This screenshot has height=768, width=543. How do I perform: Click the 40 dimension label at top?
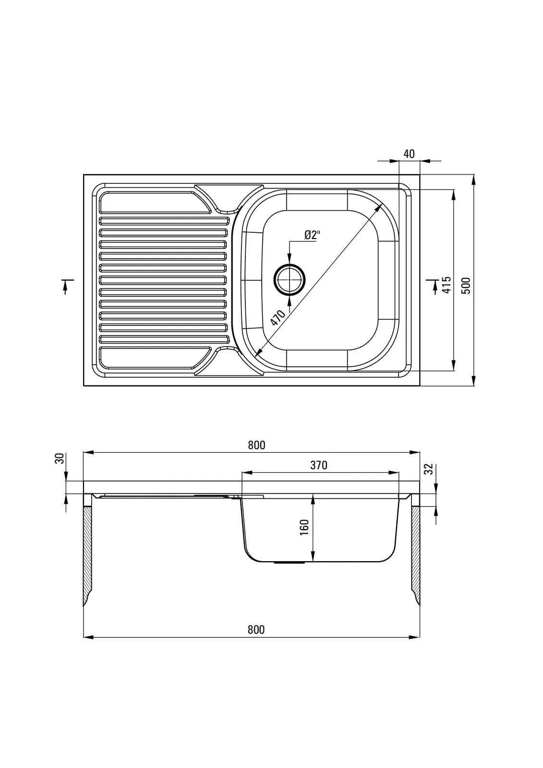coord(409,154)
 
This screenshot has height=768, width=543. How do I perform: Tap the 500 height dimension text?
coord(466,286)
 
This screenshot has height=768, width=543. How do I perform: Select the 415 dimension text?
coord(446,285)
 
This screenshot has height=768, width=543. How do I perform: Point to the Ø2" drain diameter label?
coord(312,235)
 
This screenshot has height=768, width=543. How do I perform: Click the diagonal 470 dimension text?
coord(278,318)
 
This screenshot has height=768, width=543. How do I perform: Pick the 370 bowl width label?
coord(319,465)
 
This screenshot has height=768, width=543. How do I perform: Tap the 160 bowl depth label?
coord(304,528)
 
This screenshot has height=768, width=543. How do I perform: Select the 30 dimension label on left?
coord(60,458)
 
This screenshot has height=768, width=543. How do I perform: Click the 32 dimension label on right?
coord(430,468)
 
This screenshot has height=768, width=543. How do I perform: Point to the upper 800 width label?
coord(256,445)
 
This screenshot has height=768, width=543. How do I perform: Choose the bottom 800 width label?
coord(256,629)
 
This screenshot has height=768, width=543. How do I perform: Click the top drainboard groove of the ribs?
coord(163,221)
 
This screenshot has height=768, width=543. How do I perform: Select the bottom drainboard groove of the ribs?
coord(163,339)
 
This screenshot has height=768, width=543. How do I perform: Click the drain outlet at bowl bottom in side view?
coord(289,562)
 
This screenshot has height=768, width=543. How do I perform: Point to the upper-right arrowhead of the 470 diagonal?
coord(381,206)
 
